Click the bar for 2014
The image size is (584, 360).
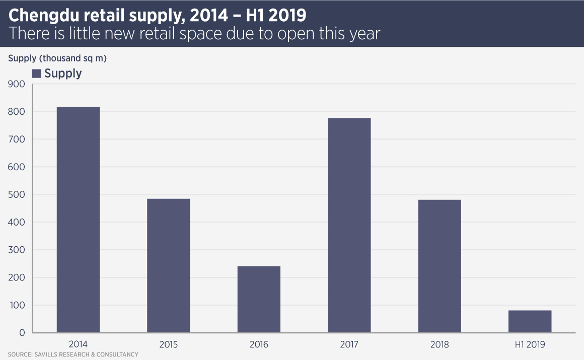(78, 220)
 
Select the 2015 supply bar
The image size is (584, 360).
(168, 265)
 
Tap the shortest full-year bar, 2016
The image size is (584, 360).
(259, 299)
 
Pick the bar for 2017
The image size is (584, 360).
(349, 225)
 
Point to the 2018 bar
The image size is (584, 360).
(440, 266)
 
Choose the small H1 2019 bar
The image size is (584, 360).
(530, 321)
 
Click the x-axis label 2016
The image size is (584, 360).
(259, 345)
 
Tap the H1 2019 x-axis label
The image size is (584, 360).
(530, 345)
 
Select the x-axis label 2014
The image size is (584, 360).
(78, 345)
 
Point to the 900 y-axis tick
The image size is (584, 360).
(16, 85)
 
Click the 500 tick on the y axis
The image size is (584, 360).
(16, 195)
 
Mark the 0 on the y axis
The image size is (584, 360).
(22, 333)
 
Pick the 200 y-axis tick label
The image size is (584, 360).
(16, 277)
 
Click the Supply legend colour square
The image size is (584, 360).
(36, 74)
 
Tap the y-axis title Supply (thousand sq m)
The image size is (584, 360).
(57, 58)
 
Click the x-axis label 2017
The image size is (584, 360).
(349, 345)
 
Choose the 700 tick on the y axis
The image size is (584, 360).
(16, 139)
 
